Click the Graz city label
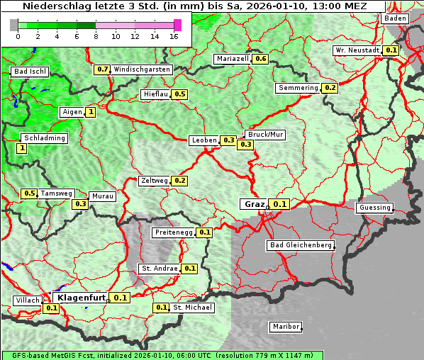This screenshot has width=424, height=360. point(255,204)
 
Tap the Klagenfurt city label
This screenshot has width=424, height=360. point(82,298)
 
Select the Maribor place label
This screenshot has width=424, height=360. point(285,327)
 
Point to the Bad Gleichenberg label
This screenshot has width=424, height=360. point(300,245)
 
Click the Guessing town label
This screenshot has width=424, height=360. point(374,208)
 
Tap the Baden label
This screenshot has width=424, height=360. point(396,18)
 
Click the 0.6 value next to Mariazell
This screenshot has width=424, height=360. point(260,59)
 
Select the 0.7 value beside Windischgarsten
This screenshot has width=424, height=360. point(103,69)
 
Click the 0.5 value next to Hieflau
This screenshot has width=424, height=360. point(179,94)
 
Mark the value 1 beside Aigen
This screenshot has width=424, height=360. point(91,112)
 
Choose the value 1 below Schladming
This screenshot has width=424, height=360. point(22,149)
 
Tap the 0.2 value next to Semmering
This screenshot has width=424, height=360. point(329,88)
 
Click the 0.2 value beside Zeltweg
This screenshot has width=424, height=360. point(179,181)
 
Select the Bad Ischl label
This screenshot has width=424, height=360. point(30,72)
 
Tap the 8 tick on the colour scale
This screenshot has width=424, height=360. point(96,36)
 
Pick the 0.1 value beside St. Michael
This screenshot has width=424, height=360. point(162,308)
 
